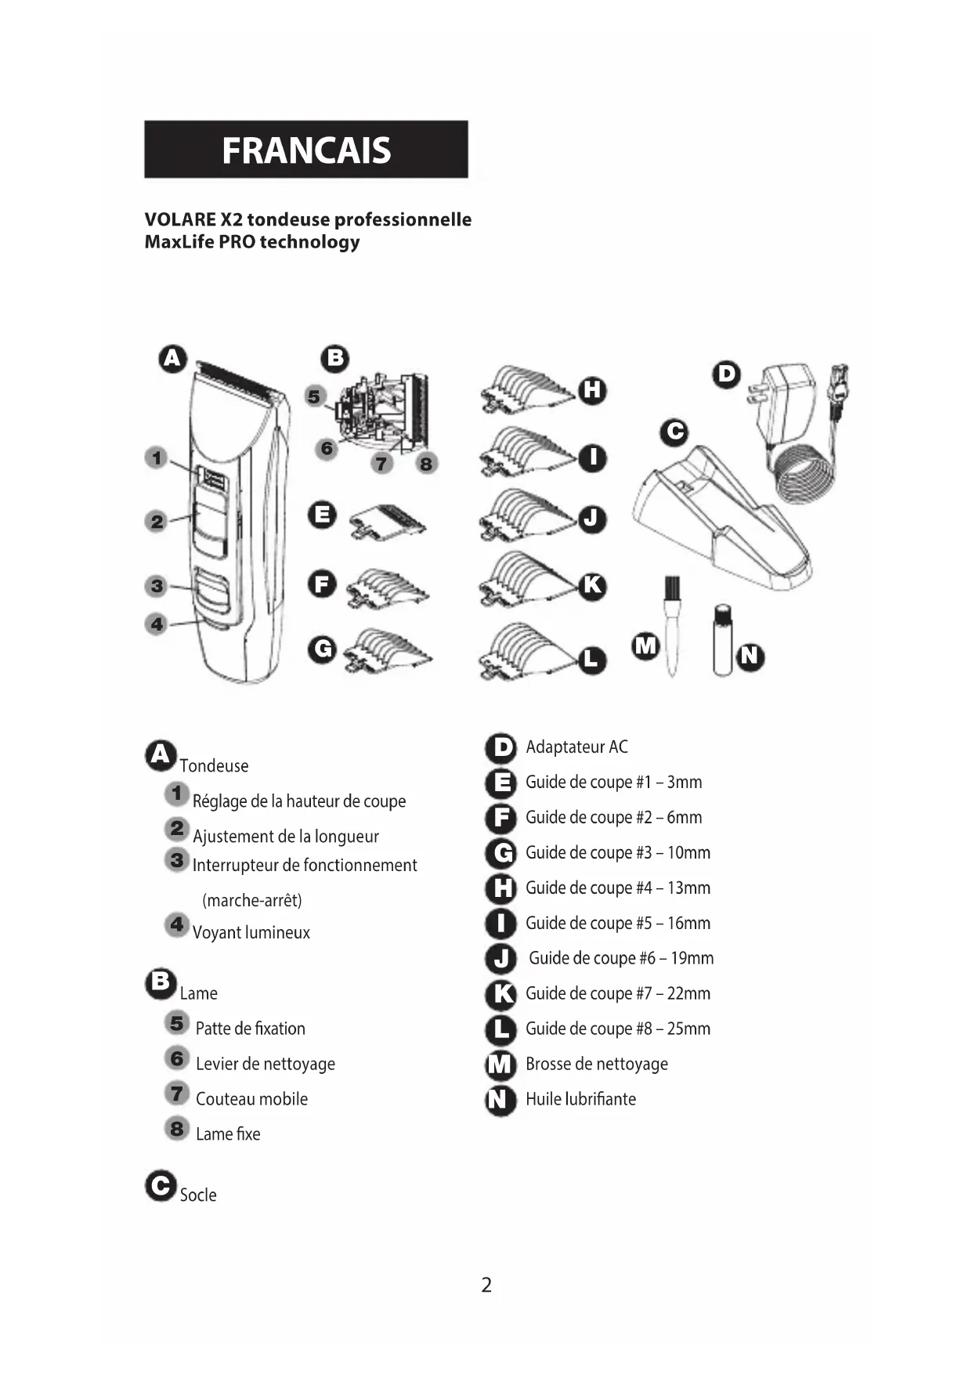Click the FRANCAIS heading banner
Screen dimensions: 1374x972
[x=305, y=149]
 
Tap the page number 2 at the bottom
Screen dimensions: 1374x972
[x=486, y=1285]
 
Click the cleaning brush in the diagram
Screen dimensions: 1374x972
[x=671, y=623]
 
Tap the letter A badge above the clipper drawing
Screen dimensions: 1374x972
[x=172, y=359]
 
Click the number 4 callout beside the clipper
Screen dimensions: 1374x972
[x=157, y=624]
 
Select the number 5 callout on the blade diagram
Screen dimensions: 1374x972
[x=315, y=396]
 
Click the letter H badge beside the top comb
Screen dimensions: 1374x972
[x=592, y=389]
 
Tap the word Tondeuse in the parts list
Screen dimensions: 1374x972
[x=214, y=766]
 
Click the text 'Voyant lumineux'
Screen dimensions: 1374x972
[x=251, y=933]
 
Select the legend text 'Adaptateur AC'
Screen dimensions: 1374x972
[x=576, y=747]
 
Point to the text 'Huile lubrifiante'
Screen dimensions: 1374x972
[x=580, y=1099]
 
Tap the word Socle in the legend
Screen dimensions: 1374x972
[x=198, y=1195]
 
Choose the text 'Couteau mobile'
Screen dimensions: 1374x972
[x=251, y=1099]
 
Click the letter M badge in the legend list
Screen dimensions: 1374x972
[x=500, y=1065]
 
